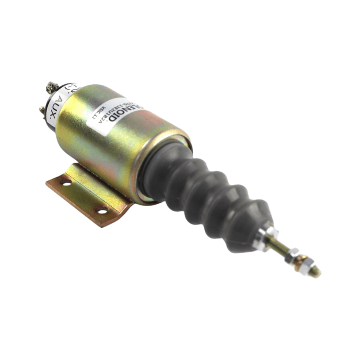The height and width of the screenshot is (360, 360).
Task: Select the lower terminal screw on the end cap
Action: click(42, 109)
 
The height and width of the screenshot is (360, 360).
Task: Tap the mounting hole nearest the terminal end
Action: click(66, 183)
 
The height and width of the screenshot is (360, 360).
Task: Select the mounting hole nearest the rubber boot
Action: click(102, 210)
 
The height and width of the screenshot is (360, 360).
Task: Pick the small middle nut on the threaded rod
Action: click(292, 255)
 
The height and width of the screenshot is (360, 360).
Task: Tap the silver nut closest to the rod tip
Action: click(305, 265)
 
